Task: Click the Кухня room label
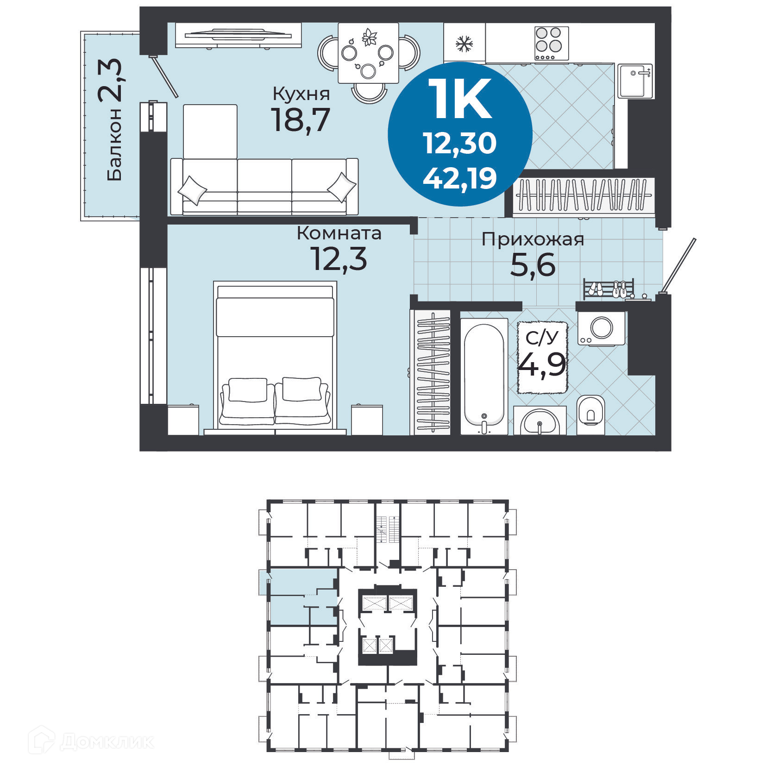click(301, 94)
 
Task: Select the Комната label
click(339, 233)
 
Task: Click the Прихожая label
click(533, 239)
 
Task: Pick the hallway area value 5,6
click(533, 265)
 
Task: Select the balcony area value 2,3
click(110, 80)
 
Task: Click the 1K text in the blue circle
click(459, 99)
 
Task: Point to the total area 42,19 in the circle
click(459, 178)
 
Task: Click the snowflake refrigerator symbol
click(464, 44)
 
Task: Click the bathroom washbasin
click(540, 421)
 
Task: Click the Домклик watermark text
click(107, 742)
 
